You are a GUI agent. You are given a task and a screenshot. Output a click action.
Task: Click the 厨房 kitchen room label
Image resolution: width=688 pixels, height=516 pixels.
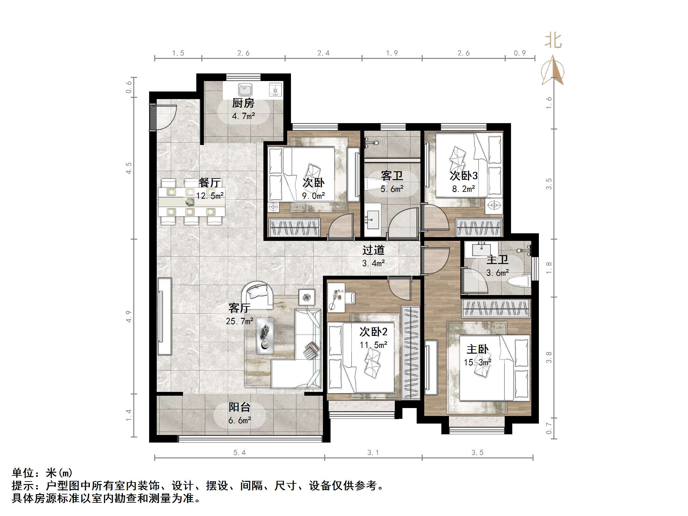[x=243, y=103]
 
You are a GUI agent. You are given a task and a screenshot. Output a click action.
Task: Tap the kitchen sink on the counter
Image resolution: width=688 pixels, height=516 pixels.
[x=245, y=90]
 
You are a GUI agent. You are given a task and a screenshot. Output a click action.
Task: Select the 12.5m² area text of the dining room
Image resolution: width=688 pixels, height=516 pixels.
[x=210, y=196]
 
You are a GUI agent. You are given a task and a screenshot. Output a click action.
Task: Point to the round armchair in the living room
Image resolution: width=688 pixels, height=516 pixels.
[x=257, y=295]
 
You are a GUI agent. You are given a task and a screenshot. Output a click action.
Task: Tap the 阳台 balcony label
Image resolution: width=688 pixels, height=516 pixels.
[x=240, y=407]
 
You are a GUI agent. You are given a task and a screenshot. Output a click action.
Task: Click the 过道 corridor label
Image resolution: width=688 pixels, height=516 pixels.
[x=373, y=250]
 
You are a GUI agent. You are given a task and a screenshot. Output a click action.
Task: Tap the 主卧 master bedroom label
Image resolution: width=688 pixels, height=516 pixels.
[x=477, y=349]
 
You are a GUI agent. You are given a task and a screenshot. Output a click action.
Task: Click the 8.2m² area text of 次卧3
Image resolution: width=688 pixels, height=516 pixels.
[x=464, y=189]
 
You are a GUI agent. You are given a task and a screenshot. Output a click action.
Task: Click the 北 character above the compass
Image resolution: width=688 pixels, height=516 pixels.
[x=553, y=41]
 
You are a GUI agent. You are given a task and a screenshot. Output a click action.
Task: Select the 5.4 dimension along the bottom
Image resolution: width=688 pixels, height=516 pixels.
[x=239, y=453]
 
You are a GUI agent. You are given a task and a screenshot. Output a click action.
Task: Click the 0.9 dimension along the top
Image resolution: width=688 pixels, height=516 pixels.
[x=520, y=53]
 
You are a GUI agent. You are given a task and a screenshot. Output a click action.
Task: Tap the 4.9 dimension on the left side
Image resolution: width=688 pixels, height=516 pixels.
[x=129, y=317]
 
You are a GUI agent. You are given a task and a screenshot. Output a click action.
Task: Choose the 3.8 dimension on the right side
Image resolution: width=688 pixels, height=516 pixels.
[x=549, y=357]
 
